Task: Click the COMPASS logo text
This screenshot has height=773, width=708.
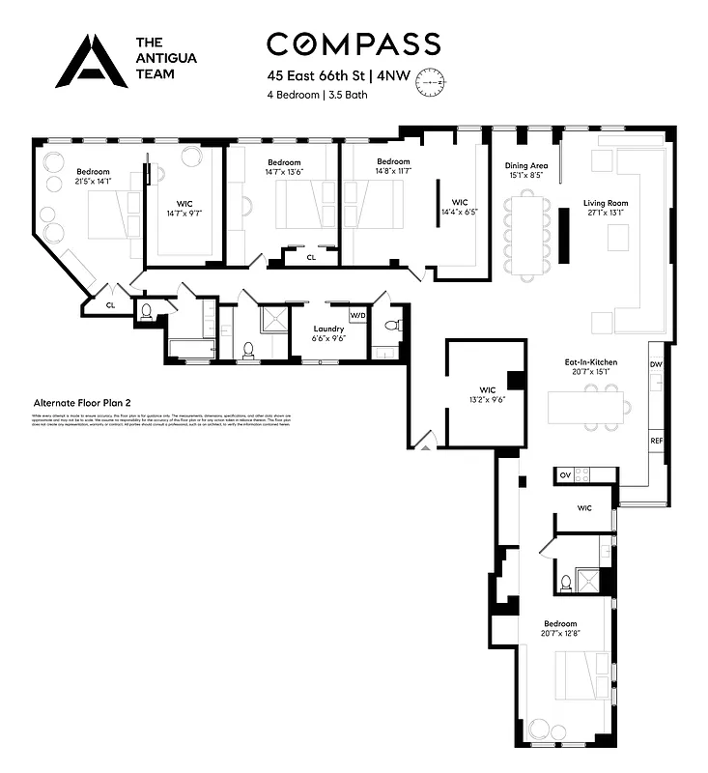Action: pos(353,43)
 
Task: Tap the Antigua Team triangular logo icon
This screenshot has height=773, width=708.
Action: pos(91,61)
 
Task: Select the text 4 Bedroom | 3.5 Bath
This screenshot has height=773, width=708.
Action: pos(317,95)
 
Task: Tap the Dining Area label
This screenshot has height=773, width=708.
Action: pos(524,165)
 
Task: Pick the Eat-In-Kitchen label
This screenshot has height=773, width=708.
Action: pos(590,362)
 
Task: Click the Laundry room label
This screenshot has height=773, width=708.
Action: pos(329,329)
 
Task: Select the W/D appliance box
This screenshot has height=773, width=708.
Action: pos(357,315)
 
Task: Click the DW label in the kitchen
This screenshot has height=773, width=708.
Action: pos(656,364)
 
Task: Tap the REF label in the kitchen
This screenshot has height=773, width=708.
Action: pos(656,441)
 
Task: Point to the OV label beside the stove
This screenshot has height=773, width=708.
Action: pos(565,475)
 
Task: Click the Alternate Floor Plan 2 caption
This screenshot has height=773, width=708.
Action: pos(82,402)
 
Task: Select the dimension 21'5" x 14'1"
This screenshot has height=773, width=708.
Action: pos(93,183)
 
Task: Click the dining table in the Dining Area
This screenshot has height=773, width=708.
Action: pos(527,232)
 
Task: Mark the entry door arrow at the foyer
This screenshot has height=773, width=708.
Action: pos(422,445)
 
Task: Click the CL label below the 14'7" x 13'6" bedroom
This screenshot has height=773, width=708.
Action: pos(311,258)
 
